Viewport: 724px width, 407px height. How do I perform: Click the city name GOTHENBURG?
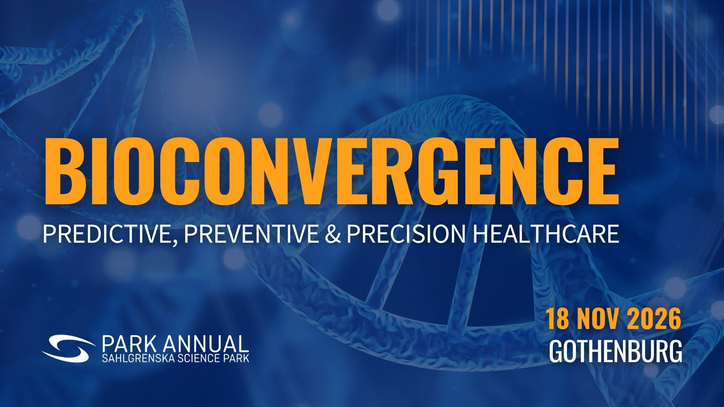pos(615,351)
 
